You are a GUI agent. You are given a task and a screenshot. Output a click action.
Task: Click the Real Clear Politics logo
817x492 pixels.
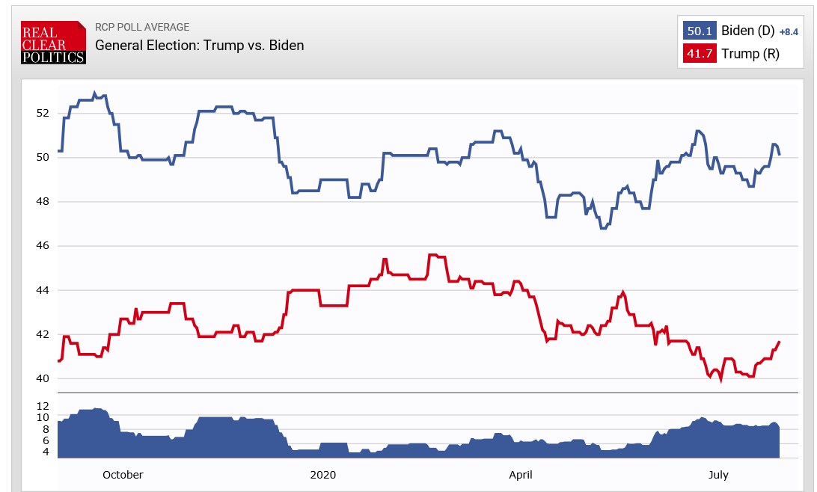[x=53, y=43]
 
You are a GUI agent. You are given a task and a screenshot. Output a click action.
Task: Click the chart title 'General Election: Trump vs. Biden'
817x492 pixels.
[x=199, y=46]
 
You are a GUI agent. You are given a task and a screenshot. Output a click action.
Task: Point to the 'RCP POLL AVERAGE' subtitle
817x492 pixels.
[x=142, y=28]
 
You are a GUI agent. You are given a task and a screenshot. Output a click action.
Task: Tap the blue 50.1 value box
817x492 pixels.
[x=700, y=31]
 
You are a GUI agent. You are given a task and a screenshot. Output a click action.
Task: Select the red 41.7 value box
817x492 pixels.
[x=700, y=55]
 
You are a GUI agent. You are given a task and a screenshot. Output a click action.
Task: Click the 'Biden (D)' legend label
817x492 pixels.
[x=747, y=31]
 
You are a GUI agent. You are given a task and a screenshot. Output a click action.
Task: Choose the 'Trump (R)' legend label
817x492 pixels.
[x=750, y=55]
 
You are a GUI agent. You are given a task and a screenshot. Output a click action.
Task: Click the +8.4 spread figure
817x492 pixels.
[x=789, y=32]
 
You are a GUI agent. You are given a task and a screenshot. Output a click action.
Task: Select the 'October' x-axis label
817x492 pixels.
[x=123, y=475]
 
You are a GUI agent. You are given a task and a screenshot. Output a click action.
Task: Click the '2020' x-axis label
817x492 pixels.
[x=323, y=475]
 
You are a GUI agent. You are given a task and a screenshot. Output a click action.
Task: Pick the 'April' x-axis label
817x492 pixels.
[x=521, y=475]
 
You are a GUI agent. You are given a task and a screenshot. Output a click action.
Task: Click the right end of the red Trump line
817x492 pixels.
[x=780, y=342]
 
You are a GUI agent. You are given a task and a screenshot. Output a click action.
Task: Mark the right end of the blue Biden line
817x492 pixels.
[x=780, y=154]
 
